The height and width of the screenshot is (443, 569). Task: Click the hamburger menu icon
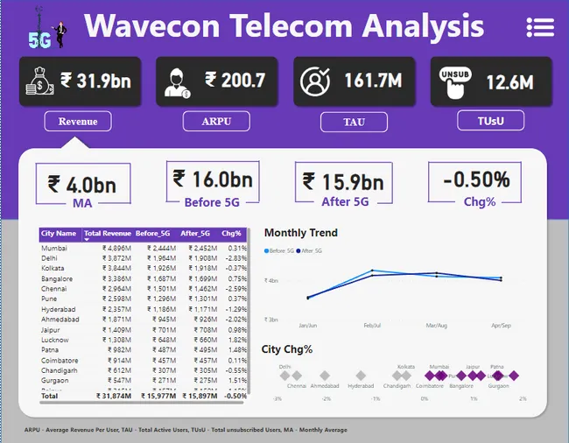(x=540, y=27)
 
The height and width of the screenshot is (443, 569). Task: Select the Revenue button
(x=78, y=121)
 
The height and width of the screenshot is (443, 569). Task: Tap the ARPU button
(x=216, y=121)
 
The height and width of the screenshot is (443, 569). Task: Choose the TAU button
(x=353, y=122)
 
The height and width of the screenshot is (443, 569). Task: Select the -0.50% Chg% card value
(x=476, y=180)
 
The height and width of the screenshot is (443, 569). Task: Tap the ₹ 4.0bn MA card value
(x=82, y=185)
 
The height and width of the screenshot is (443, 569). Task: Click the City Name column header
(x=59, y=234)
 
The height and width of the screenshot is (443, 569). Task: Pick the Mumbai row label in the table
(x=54, y=249)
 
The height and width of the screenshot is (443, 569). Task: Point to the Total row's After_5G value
(x=198, y=396)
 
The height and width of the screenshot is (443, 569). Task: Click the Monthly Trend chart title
(x=301, y=233)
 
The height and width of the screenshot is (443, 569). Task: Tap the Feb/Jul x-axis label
(x=373, y=325)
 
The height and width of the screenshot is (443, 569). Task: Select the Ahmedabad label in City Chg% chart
(x=324, y=385)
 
